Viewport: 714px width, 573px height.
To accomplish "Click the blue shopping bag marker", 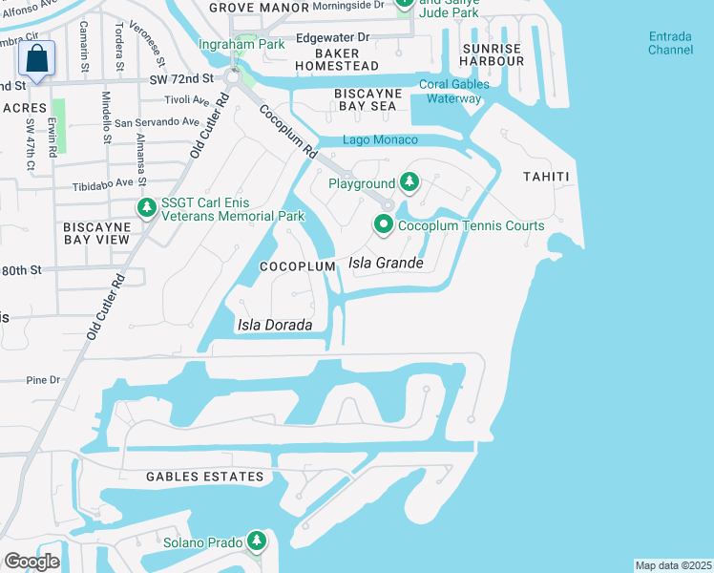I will (36, 59).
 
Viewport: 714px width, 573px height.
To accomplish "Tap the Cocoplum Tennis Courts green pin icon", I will (384, 225).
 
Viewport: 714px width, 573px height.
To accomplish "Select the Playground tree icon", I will (409, 182).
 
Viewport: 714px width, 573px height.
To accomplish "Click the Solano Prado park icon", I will (256, 541).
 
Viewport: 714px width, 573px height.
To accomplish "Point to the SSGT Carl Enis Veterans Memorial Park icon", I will (147, 208).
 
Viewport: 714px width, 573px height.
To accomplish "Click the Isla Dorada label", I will (275, 326).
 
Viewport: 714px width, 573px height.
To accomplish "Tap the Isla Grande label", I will (386, 263).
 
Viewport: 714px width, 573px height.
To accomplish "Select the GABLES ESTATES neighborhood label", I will (204, 477).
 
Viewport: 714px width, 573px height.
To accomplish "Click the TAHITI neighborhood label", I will (545, 177).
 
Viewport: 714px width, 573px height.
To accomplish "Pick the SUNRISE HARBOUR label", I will (493, 54).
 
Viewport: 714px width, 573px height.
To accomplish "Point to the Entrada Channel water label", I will (671, 43).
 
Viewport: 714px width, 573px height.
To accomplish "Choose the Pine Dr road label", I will (43, 380).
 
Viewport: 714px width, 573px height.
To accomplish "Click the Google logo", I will (31, 562).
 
